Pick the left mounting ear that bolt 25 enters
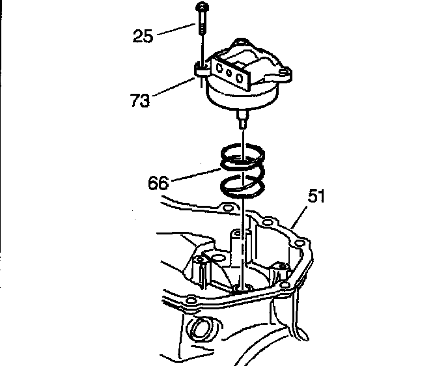[x=200, y=66]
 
